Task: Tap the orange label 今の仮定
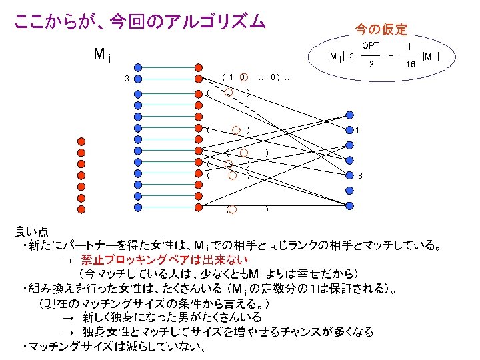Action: (x=381, y=29)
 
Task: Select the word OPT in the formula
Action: (x=371, y=45)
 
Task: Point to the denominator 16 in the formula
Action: (x=411, y=65)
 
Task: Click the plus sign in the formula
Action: (x=391, y=56)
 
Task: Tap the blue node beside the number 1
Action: (x=349, y=129)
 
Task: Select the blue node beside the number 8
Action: (x=349, y=176)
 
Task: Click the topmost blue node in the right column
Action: (x=349, y=115)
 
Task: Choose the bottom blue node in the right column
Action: (x=349, y=206)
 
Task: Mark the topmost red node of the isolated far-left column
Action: (x=81, y=141)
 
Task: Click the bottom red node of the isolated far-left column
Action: (x=81, y=209)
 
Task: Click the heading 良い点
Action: (x=31, y=232)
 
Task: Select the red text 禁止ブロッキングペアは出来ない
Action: (x=164, y=259)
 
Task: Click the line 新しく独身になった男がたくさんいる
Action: (x=171, y=317)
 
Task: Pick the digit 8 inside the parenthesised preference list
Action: (x=273, y=78)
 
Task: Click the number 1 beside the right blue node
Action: (x=358, y=129)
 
